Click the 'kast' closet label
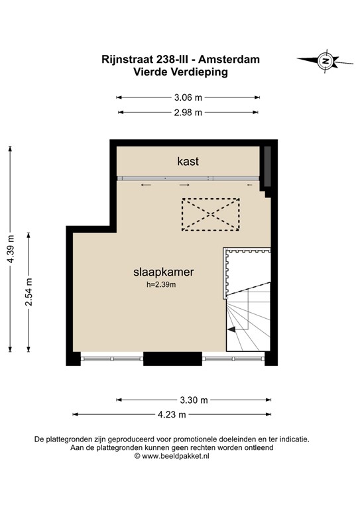188,161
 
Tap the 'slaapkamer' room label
164,272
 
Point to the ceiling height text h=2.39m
161,285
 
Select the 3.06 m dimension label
188,97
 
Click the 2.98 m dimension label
188,112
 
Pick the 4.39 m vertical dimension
11,249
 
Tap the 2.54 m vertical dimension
29,292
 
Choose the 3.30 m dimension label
194,400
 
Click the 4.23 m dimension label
172,414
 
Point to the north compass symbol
326,61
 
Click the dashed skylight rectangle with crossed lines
211,215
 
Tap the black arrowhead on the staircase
231,329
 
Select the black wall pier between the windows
172,359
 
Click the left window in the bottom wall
112,359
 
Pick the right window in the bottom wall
233,359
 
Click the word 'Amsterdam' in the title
229,60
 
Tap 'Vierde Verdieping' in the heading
180,72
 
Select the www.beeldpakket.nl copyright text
172,456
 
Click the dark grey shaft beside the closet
267,166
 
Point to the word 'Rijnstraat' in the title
127,60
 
